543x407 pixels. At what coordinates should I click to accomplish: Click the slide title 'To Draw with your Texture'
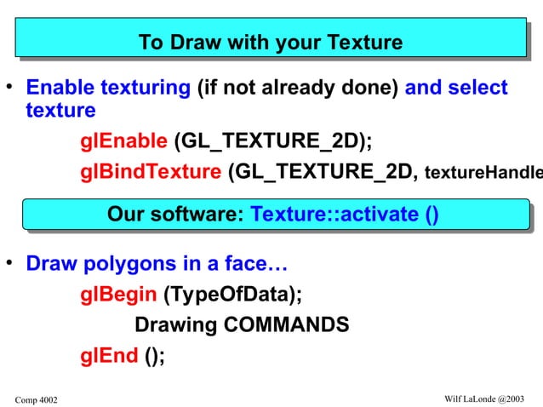click(x=270, y=43)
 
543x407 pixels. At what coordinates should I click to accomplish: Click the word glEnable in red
click(x=123, y=140)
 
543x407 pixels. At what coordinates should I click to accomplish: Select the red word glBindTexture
click(x=150, y=173)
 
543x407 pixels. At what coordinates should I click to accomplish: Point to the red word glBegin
click(x=118, y=295)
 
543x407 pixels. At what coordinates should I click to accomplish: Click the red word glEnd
click(x=109, y=356)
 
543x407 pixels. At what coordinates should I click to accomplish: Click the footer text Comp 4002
click(x=37, y=399)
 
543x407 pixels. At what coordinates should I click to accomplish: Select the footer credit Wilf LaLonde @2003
click(x=484, y=398)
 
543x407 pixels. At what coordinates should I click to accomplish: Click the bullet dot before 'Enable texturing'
click(x=10, y=87)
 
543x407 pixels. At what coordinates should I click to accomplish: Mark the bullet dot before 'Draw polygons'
click(x=10, y=261)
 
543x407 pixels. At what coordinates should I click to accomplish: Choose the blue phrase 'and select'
click(x=456, y=89)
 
